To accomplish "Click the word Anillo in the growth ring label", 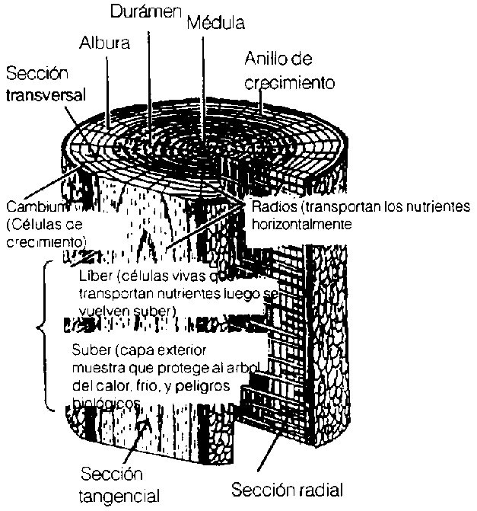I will tap(264, 59).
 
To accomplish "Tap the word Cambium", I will tap(34, 207).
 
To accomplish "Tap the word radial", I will tap(322, 488).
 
